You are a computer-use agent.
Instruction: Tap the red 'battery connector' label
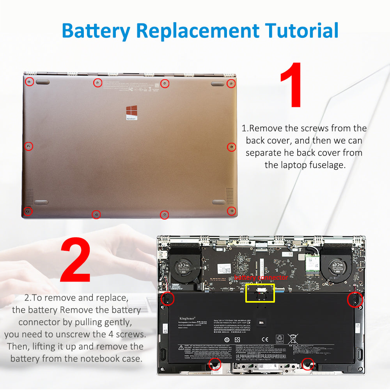click(x=261, y=278)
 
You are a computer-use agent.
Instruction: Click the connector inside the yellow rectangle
click(x=260, y=292)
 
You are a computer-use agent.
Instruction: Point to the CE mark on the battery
click(x=264, y=339)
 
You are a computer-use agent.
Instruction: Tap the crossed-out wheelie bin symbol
click(x=292, y=338)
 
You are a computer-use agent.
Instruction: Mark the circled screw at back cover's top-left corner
click(x=28, y=82)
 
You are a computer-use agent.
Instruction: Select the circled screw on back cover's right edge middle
click(x=231, y=147)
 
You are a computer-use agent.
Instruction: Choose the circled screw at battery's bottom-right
click(x=308, y=364)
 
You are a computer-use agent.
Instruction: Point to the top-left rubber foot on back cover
click(x=43, y=82)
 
